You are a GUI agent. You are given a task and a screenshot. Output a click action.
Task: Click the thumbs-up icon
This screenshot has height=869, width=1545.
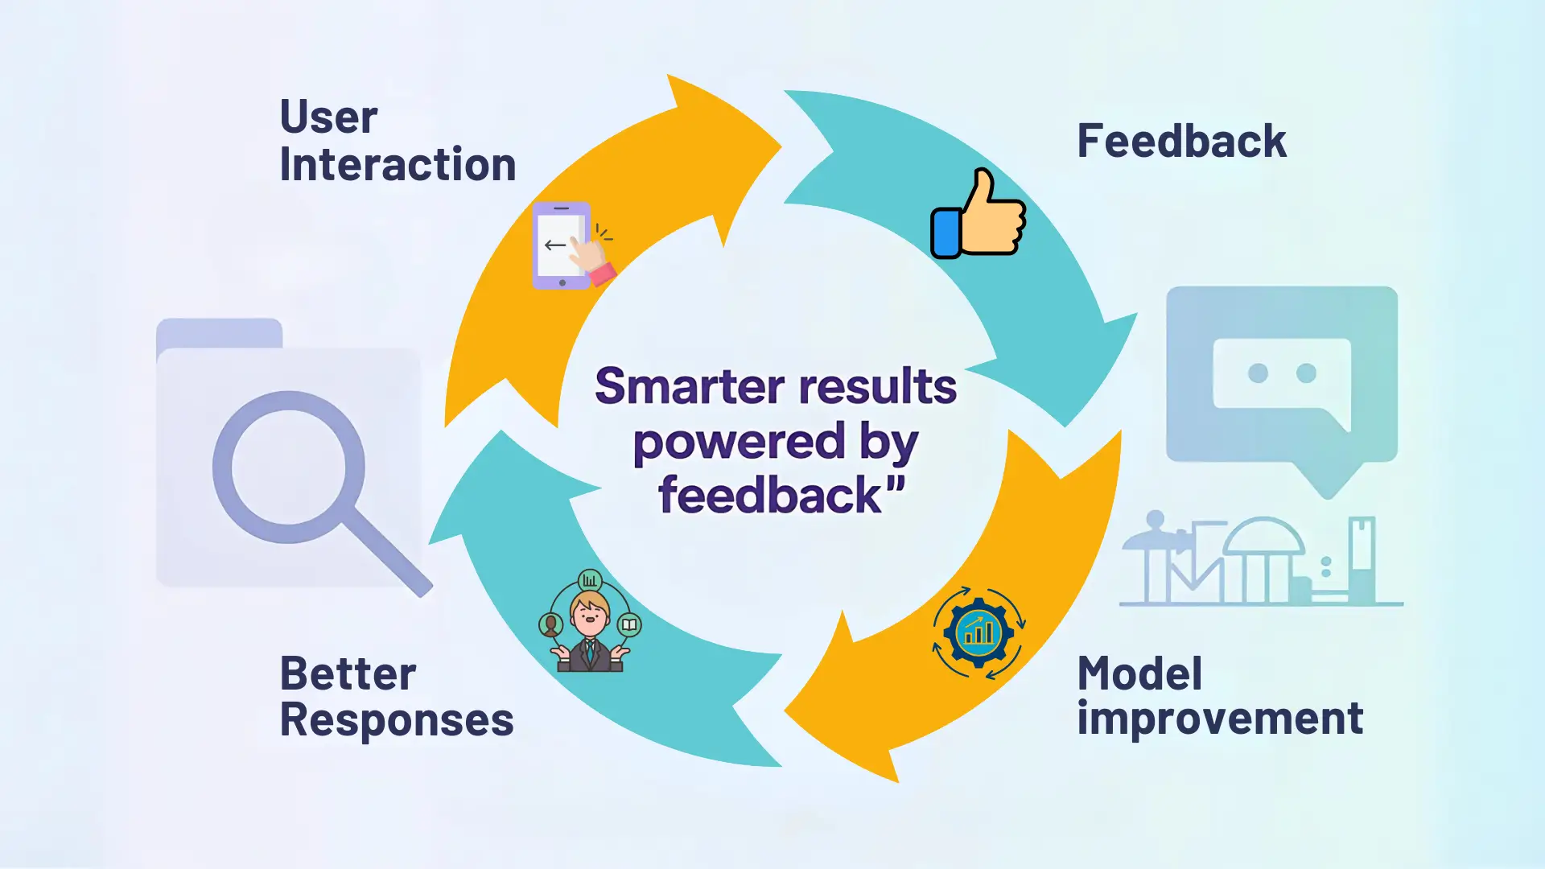click(x=978, y=214)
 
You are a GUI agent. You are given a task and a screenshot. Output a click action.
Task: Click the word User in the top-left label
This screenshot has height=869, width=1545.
click(x=328, y=117)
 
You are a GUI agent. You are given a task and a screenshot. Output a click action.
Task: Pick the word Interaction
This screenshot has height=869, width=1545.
click(x=398, y=165)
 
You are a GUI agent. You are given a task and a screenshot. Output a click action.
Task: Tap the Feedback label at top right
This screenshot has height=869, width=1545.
click(x=1181, y=142)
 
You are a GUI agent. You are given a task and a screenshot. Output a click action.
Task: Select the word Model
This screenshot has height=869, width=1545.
click(x=1139, y=673)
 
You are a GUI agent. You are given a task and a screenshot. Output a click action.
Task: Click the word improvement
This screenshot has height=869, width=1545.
click(x=1220, y=719)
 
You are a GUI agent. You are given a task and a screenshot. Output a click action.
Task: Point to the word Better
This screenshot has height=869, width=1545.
click(x=348, y=673)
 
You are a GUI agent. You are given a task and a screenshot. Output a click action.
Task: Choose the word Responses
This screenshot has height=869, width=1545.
click(x=397, y=719)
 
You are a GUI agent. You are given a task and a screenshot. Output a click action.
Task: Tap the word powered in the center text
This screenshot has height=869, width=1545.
click(x=739, y=442)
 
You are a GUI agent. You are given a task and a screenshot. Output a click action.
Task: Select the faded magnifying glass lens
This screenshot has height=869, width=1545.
click(x=288, y=467)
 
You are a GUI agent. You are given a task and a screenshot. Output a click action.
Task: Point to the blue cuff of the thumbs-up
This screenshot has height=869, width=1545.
click(x=946, y=233)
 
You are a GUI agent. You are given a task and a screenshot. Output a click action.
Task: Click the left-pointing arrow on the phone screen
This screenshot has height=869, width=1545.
click(x=555, y=245)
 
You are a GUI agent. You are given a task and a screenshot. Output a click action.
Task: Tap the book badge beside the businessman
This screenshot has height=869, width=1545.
click(x=629, y=624)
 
